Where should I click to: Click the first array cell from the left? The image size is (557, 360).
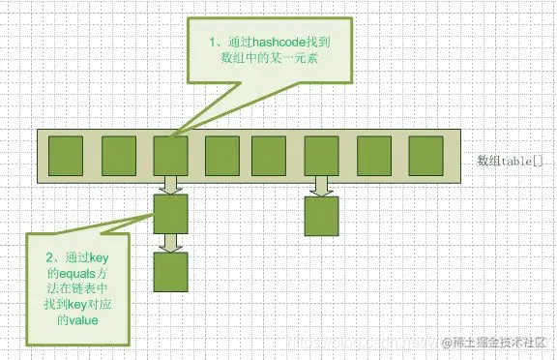pos(68,154)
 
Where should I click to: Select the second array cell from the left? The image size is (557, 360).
pos(119,154)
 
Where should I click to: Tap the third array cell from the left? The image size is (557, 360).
pos(170,154)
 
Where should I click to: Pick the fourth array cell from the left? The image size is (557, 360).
pos(221,154)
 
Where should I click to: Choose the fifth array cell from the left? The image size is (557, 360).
pos(268,154)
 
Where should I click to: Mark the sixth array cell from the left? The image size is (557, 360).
pos(321,154)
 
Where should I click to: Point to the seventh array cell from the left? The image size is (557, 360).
pos(373,154)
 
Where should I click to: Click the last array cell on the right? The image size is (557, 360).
pos(425,154)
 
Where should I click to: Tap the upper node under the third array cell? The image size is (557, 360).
pos(170,213)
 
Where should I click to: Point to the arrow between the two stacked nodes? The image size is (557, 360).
pos(170,241)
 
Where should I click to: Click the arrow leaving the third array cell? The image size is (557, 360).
pos(170,184)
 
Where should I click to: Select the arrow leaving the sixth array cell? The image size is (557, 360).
pos(320,184)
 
